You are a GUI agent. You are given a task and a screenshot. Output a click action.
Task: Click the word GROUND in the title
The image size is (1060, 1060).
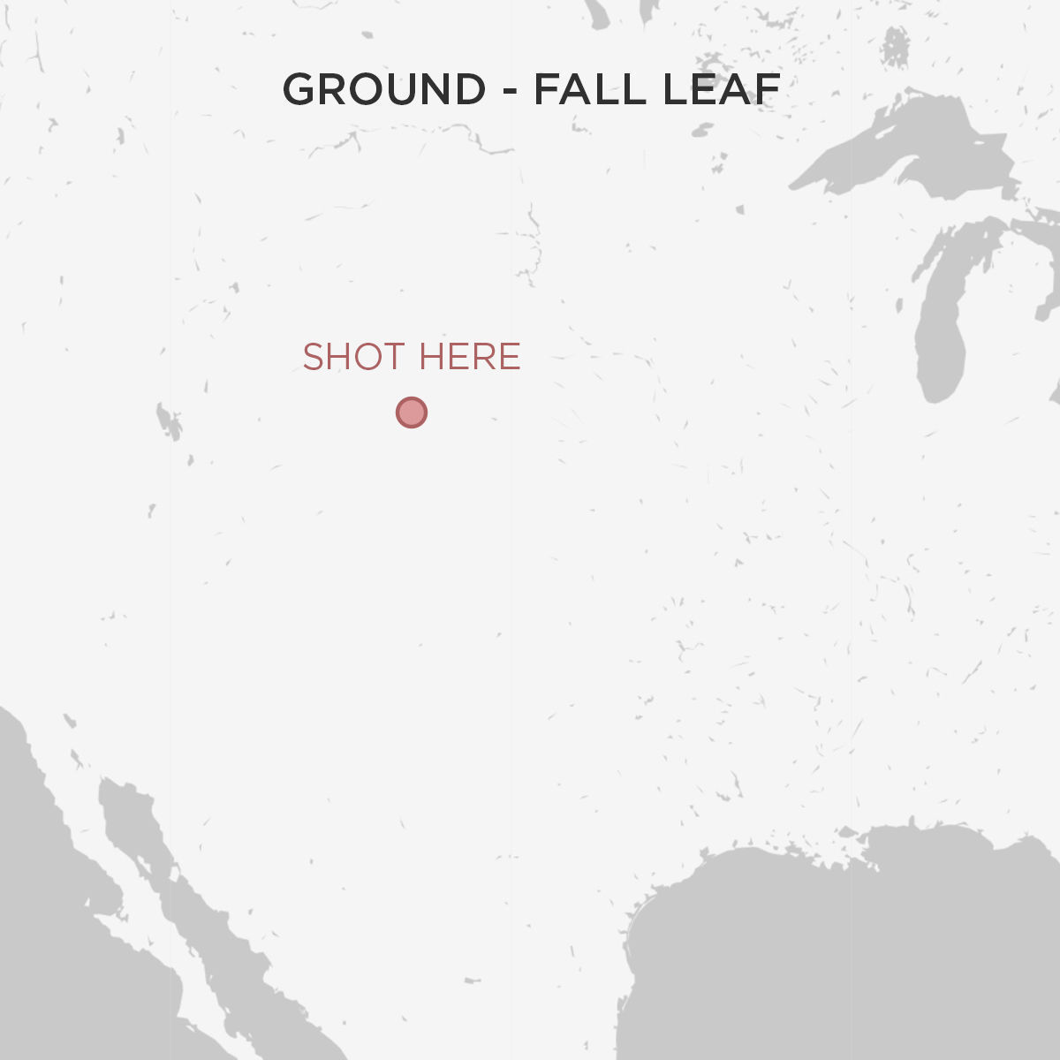pyautogui.click(x=384, y=89)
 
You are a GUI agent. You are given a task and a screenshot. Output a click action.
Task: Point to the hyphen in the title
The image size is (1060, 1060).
pyautogui.click(x=510, y=92)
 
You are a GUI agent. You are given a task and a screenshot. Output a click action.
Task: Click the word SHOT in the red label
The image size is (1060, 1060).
pyautogui.click(x=353, y=358)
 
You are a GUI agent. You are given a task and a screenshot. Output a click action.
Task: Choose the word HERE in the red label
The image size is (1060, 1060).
pyautogui.click(x=469, y=358)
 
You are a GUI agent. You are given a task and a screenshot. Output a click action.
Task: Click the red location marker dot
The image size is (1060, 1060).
pyautogui.click(x=412, y=413)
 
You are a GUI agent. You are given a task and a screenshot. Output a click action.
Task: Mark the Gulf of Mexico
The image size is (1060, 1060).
pyautogui.click(x=839, y=954)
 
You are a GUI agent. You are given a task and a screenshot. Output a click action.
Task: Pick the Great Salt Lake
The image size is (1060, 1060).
pyautogui.click(x=168, y=421)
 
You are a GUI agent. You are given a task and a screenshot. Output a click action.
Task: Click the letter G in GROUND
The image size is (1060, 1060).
pyautogui.click(x=300, y=89)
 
